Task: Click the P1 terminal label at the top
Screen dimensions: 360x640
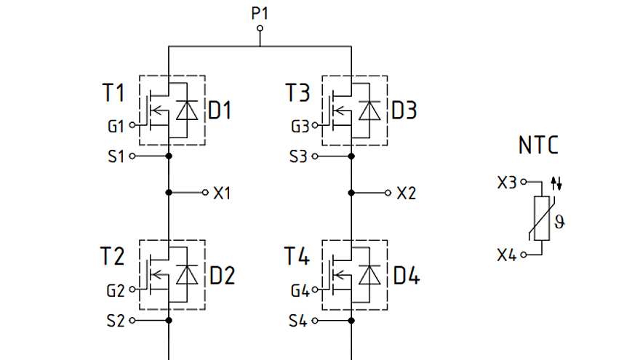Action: tap(260, 13)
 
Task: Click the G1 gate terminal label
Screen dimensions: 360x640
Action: tap(116, 125)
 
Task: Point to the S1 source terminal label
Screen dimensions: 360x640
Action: tap(116, 156)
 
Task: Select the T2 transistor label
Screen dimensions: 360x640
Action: tap(113, 257)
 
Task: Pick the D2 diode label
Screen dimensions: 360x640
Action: tap(223, 276)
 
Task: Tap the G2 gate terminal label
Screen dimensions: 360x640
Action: tap(116, 290)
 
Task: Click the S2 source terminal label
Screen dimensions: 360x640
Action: tap(116, 320)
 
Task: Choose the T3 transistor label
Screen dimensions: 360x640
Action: tap(297, 94)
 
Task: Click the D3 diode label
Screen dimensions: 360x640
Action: tap(404, 111)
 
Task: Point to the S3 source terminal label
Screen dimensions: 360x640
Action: tap(299, 156)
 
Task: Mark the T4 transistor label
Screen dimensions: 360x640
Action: tap(297, 257)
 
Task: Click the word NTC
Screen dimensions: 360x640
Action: tap(538, 145)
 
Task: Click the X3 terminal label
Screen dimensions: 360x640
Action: tap(507, 182)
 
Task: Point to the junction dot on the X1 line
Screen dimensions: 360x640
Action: tap(169, 193)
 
